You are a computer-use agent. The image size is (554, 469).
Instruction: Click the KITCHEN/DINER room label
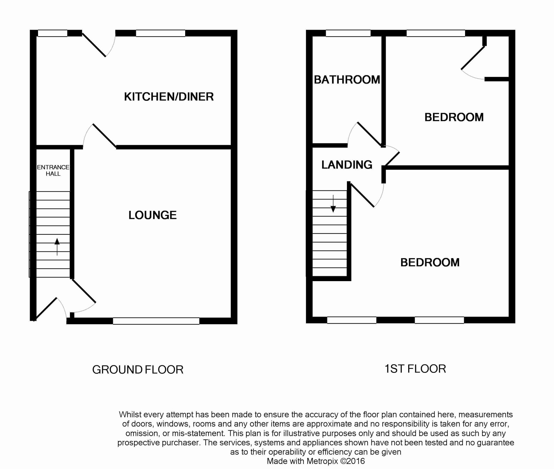point(169,96)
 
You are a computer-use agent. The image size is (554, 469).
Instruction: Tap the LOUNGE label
point(153,215)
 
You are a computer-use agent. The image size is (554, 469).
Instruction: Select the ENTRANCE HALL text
point(53,170)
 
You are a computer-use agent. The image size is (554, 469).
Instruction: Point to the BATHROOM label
point(347,80)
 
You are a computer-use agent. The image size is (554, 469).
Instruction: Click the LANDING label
point(347,165)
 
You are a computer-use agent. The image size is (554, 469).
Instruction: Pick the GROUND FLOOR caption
point(137,369)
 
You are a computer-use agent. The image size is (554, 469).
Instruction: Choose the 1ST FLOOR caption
point(415,369)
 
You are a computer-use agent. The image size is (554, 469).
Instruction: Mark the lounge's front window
point(156,321)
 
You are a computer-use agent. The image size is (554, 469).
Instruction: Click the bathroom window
point(348,33)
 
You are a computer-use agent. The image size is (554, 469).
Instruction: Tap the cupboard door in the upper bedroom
point(473,58)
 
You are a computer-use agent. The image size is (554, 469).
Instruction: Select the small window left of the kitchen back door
point(52,33)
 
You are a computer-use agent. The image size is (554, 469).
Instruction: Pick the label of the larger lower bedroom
point(430,262)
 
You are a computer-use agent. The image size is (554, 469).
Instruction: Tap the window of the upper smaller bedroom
point(436,33)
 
